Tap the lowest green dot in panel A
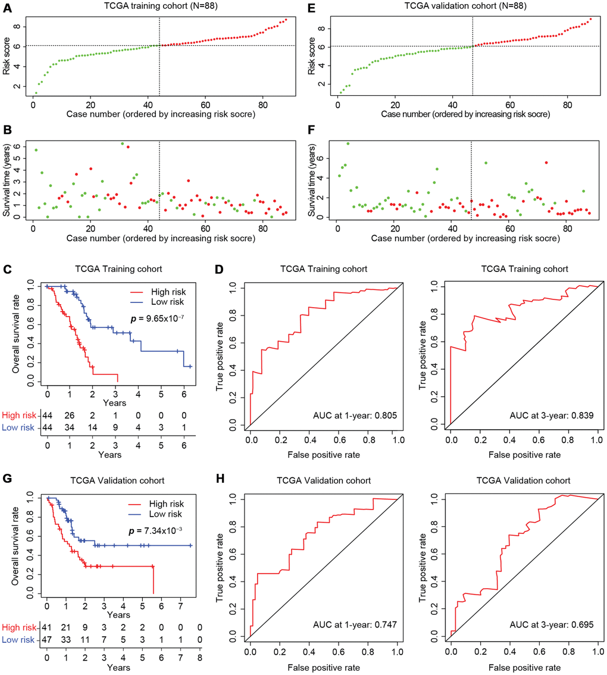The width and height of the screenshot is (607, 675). [36, 93]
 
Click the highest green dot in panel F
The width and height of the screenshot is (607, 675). [348, 143]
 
